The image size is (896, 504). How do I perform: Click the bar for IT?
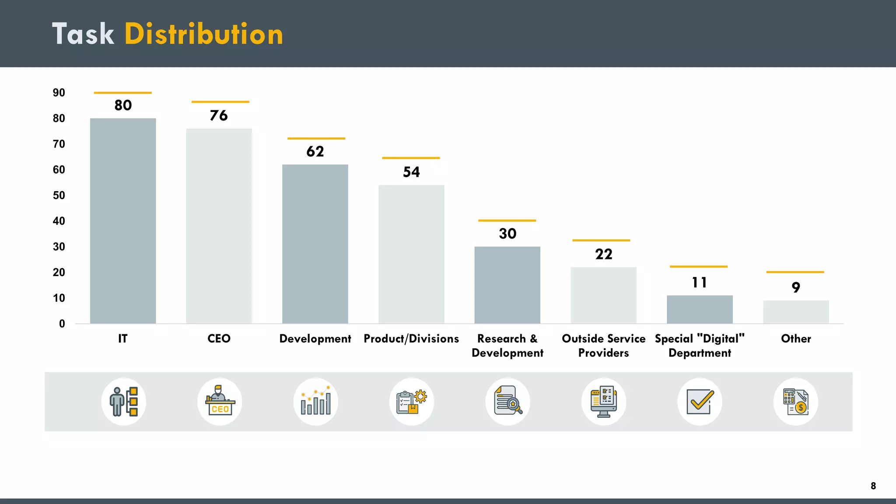pyautogui.click(x=123, y=221)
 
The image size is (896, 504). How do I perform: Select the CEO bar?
pyautogui.click(x=219, y=226)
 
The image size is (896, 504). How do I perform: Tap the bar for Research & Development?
pyautogui.click(x=507, y=285)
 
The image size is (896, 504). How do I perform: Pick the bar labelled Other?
pyautogui.click(x=795, y=312)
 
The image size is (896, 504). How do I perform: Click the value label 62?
pyautogui.click(x=315, y=151)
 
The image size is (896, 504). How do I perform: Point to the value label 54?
pyautogui.click(x=411, y=172)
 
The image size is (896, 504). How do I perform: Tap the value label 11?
pyautogui.click(x=699, y=283)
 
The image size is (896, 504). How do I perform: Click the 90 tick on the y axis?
pyautogui.click(x=59, y=93)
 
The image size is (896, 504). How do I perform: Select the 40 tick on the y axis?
pyautogui.click(x=59, y=221)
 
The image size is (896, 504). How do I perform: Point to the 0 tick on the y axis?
pyautogui.click(x=62, y=324)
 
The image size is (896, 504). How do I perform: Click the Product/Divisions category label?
pyautogui.click(x=411, y=339)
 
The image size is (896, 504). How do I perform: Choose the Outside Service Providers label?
pyautogui.click(x=603, y=346)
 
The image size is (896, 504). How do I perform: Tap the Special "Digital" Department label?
pyautogui.click(x=700, y=346)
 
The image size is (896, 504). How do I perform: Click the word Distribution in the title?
pyautogui.click(x=204, y=34)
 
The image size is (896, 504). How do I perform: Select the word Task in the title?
pyautogui.click(x=83, y=34)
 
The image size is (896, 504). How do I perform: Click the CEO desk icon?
pyautogui.click(x=220, y=401)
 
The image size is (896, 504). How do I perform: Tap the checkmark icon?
pyautogui.click(x=700, y=401)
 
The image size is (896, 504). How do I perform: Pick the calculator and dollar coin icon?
pyautogui.click(x=795, y=401)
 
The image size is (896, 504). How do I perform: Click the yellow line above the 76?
pyautogui.click(x=220, y=102)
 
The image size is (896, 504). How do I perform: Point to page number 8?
pyautogui.click(x=873, y=486)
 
